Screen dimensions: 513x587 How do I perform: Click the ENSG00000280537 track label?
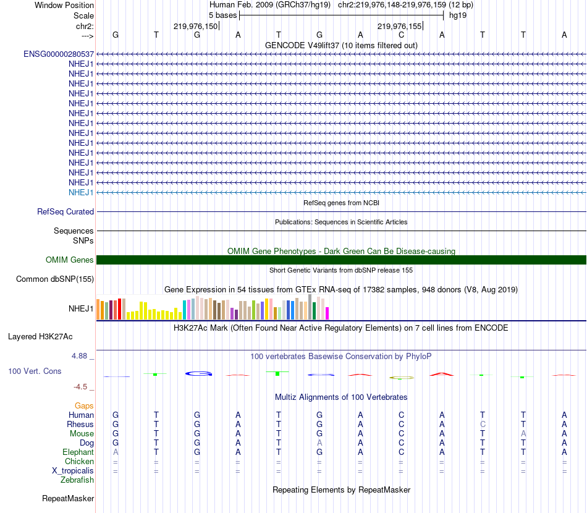click(59, 54)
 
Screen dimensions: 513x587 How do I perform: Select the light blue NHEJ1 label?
click(81, 192)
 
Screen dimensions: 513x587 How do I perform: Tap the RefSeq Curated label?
click(65, 211)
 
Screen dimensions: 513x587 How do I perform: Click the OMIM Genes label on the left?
click(70, 260)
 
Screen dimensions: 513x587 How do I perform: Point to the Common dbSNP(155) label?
click(55, 279)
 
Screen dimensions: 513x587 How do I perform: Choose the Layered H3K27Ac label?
click(40, 337)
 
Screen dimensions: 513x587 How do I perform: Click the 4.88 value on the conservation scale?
click(80, 356)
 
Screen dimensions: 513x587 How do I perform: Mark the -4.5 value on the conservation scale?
click(80, 387)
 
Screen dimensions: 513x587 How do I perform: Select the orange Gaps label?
click(84, 405)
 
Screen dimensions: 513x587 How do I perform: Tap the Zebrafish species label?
click(77, 480)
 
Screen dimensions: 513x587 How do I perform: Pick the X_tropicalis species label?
click(73, 470)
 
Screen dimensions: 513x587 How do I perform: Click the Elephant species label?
click(78, 452)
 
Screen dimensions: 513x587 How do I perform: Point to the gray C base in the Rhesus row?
click(483, 425)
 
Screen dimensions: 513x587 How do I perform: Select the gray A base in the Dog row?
click(319, 443)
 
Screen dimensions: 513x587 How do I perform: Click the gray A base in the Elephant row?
click(116, 452)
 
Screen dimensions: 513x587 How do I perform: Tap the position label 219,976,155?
click(399, 27)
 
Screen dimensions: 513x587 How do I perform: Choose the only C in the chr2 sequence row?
click(401, 35)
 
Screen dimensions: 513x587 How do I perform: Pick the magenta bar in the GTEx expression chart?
click(327, 313)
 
